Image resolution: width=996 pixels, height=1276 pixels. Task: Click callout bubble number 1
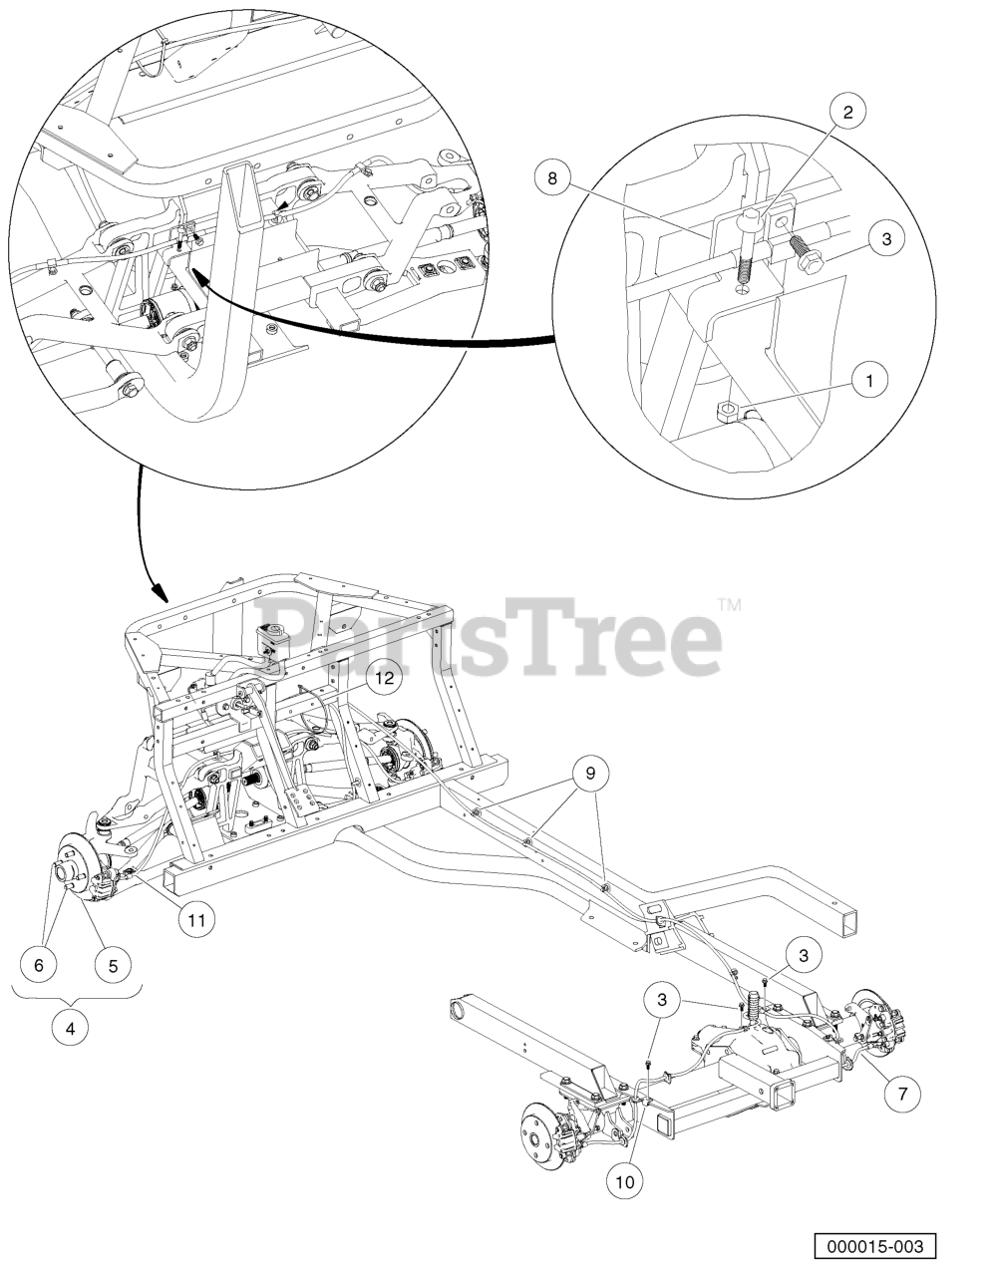[x=869, y=380]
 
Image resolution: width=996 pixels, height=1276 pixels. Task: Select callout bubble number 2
[x=847, y=112]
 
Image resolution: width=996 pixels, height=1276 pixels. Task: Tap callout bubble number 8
[x=552, y=178]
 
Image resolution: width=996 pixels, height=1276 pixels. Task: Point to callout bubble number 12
[x=385, y=678]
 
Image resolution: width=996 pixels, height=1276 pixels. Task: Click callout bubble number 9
[x=590, y=774]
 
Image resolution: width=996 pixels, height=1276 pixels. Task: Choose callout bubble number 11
[x=196, y=919]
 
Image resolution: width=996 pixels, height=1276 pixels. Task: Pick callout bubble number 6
[x=39, y=965]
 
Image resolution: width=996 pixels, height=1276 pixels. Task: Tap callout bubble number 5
[x=113, y=965]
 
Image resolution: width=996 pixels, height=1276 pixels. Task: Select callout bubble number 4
[x=71, y=1028]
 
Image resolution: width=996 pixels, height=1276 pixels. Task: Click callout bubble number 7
[x=902, y=1093]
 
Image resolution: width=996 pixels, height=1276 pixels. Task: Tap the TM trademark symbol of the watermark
[x=729, y=604]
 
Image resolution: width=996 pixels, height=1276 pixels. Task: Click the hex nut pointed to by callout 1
[x=728, y=413]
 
